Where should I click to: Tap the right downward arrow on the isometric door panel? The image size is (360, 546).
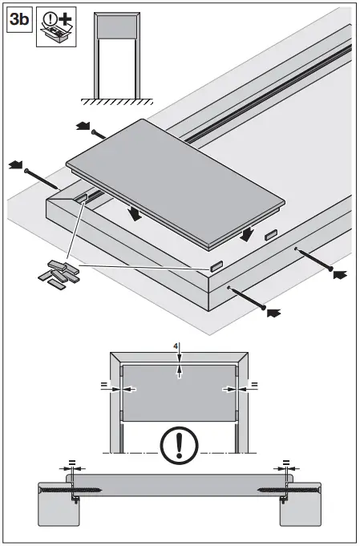(x=248, y=233)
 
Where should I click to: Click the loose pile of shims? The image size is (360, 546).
(x=59, y=273)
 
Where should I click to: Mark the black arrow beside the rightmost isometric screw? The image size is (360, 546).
(x=341, y=275)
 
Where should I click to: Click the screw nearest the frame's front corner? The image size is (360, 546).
(x=248, y=296)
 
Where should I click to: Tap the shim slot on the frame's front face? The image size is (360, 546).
(x=216, y=265)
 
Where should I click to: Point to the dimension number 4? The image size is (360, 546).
(x=176, y=347)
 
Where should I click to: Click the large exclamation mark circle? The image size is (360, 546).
(x=180, y=444)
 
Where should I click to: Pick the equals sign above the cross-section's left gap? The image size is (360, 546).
(x=71, y=463)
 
